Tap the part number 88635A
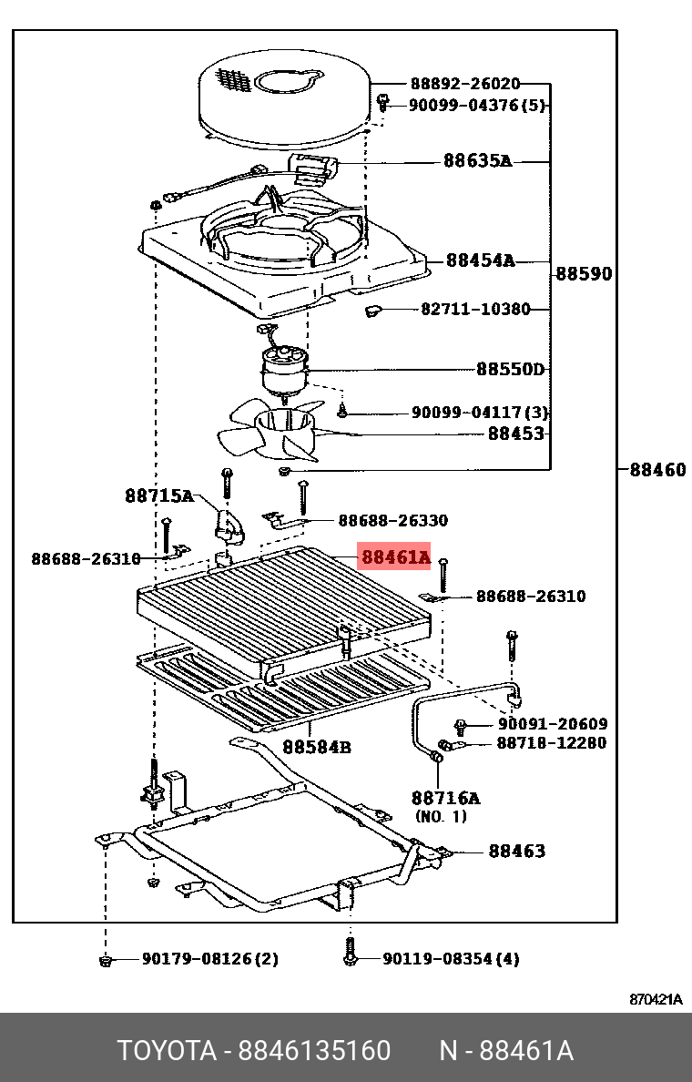pos(477,161)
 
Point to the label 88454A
pos(480,261)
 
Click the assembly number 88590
pos(584,273)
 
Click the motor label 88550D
pos(510,369)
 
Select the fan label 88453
pos(515,434)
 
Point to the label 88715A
pos(159,496)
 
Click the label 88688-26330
pos(392,520)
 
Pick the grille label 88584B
pos(316,747)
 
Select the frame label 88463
pos(516,851)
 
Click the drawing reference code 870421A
pos(656,999)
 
